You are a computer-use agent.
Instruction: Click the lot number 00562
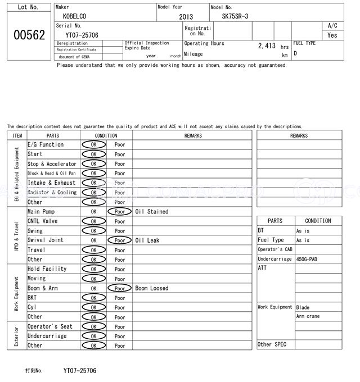point(29,35)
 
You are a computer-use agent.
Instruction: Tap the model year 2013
point(186,17)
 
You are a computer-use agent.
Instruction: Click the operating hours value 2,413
point(267,46)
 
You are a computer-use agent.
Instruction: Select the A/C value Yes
point(332,35)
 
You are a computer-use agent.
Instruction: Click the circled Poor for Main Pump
point(120,212)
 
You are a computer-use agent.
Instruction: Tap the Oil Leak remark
point(147,240)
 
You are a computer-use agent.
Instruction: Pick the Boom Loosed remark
point(152,288)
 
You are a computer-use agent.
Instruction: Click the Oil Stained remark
point(152,212)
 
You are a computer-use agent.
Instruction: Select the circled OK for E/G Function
point(93,144)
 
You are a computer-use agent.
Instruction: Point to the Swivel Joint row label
point(46,240)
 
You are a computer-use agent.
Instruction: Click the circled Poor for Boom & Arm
point(120,288)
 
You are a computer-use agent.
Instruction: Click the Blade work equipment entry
point(303,307)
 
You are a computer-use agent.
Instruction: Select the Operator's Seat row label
point(50,326)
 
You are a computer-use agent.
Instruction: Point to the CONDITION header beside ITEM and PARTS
point(106,135)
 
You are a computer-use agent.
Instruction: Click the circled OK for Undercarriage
point(93,336)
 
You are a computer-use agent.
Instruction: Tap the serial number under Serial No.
point(82,35)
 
